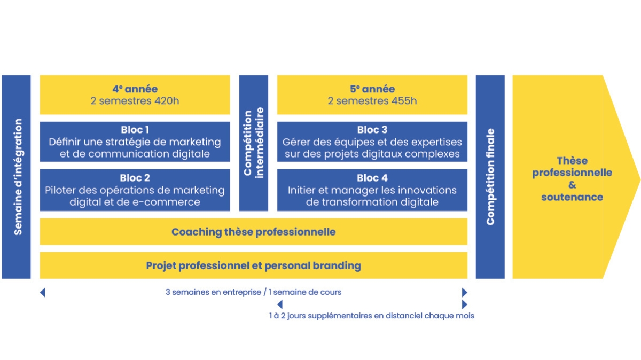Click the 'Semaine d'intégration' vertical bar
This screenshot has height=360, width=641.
coord(17,177)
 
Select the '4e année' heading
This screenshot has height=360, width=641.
coord(135,89)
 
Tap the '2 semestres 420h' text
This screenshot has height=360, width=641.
coord(135,101)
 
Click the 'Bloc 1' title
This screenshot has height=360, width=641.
coord(135,130)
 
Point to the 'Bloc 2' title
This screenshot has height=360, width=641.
coord(135,178)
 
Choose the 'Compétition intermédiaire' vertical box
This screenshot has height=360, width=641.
coord(254,143)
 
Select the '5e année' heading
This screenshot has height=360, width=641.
coord(372,89)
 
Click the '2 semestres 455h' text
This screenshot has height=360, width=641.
coord(372,101)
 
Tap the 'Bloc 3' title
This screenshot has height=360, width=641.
coord(372,130)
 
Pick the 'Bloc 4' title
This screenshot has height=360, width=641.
coord(372,178)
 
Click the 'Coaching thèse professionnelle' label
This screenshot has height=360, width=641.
coord(254,232)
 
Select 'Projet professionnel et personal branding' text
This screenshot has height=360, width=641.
coord(254,265)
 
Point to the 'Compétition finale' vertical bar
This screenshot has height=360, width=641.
coord(490,177)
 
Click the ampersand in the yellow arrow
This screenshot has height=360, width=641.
coord(572,185)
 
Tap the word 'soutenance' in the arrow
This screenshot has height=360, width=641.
coord(572,197)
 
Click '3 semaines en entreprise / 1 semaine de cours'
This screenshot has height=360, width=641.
coord(254,292)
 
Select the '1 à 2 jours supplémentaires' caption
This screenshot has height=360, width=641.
coord(371,316)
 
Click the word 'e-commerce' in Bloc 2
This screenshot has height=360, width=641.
coord(171,202)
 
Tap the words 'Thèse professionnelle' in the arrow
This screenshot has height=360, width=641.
coord(572,167)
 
